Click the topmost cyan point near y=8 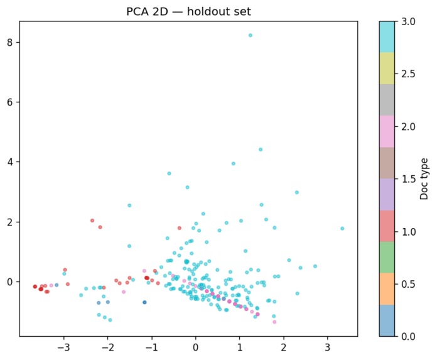pos(250,35)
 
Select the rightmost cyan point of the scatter pos(342,229)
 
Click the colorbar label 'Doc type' pos(425,179)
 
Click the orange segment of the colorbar pos(387,289)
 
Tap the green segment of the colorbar pos(387,258)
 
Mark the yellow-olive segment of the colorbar pos(387,68)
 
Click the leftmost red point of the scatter pos(35,286)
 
